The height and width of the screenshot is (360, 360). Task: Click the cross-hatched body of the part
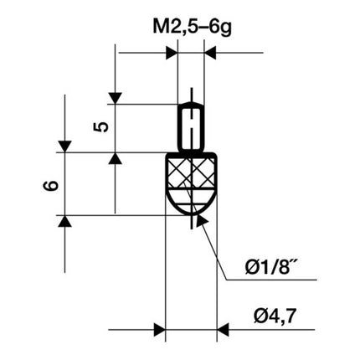pyautogui.click(x=192, y=173)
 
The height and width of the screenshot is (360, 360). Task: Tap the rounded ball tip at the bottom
pyautogui.click(x=192, y=206)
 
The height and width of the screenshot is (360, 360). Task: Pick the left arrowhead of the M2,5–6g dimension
pyautogui.click(x=171, y=54)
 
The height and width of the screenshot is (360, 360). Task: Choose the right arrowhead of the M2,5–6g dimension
pyautogui.click(x=212, y=54)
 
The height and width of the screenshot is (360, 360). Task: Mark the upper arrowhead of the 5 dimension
pyautogui.click(x=115, y=97)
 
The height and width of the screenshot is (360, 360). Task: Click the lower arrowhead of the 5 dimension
pyautogui.click(x=115, y=159)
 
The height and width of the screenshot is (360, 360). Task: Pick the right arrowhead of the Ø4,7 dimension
pyautogui.click(x=224, y=326)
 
